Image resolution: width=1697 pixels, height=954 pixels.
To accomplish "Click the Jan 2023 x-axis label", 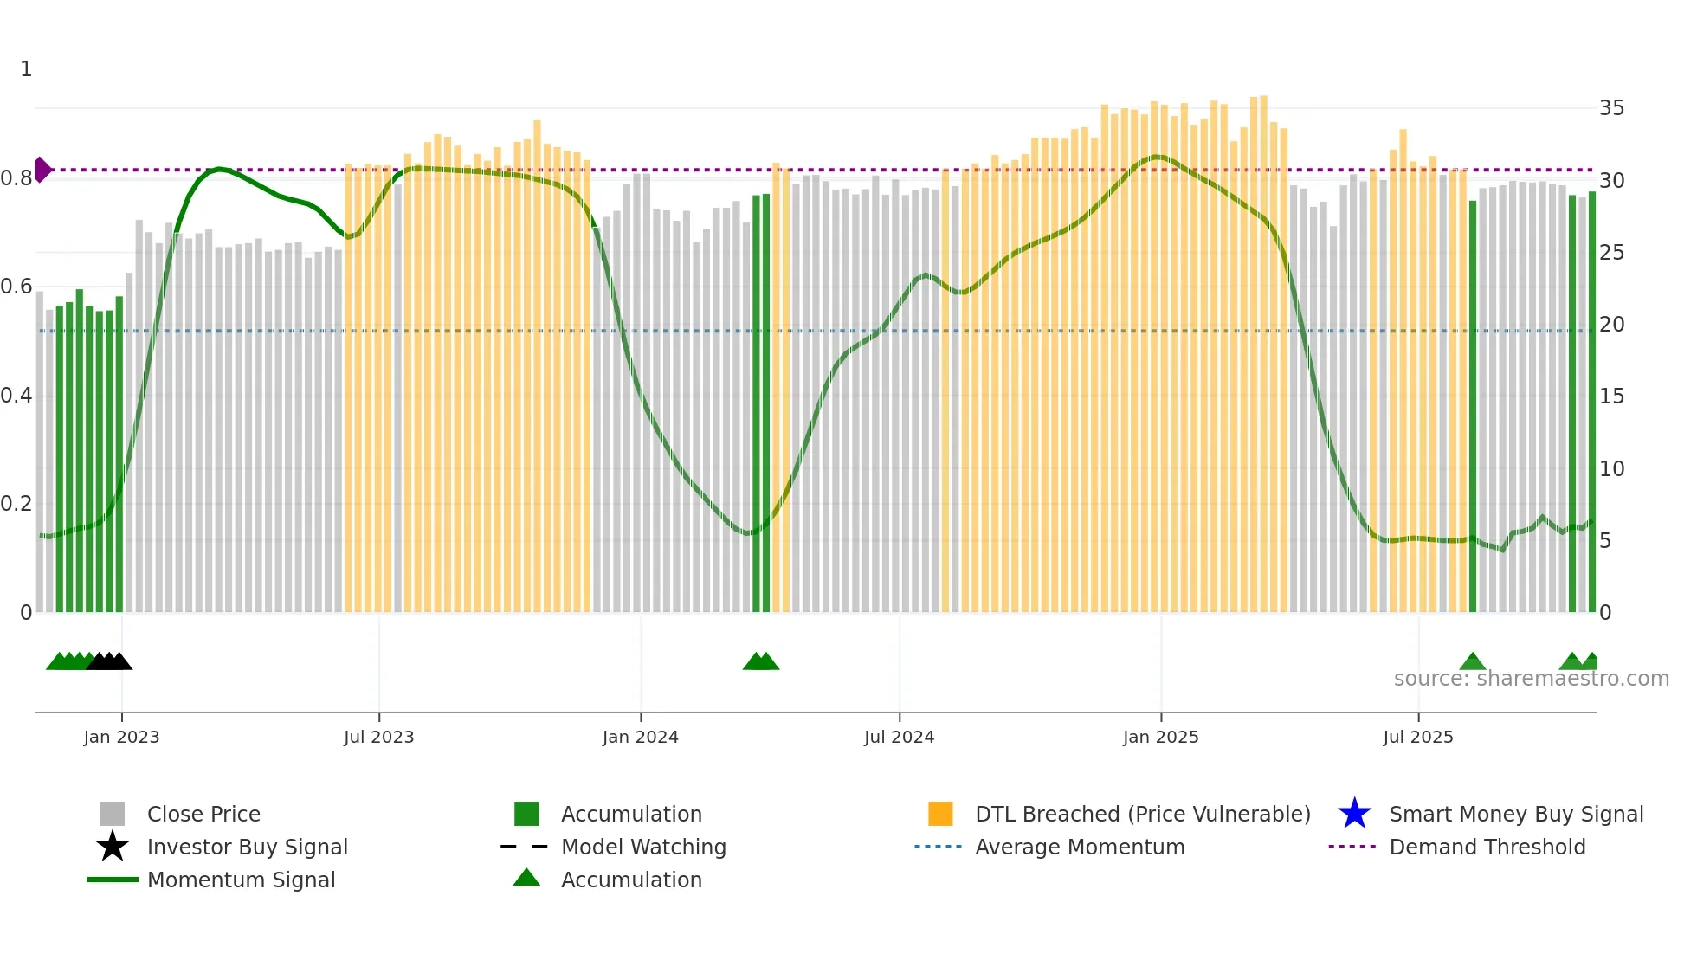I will coord(121,737).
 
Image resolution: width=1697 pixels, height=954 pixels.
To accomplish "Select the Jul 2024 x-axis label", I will coord(899,737).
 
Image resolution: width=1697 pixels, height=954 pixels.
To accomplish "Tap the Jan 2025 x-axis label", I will coord(1160,737).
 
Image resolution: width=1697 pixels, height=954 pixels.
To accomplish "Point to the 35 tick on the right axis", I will coord(1611,108).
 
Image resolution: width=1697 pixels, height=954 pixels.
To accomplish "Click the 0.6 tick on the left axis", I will coord(16,287).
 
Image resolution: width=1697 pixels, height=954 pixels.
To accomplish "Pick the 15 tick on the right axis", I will coord(1611,396).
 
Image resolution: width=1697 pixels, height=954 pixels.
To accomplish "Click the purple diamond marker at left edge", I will coord(42,170).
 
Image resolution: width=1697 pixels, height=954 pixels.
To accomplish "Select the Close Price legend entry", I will coord(203,814).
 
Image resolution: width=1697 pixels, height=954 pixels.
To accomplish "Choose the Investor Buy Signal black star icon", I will coord(113,847).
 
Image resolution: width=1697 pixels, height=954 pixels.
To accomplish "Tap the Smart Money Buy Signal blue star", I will coord(1354,814).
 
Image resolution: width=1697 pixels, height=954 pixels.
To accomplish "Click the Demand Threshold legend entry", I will coord(1487,847).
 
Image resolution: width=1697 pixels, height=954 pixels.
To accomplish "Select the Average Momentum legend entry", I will coord(1079,847).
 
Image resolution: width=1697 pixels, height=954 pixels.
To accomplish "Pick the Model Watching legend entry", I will coord(642,847).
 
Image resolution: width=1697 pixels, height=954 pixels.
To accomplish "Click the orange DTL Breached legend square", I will coord(940,814).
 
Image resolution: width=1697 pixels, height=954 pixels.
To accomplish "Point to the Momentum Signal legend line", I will coord(113,880).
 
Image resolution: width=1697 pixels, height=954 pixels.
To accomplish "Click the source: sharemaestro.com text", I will coord(1531,679).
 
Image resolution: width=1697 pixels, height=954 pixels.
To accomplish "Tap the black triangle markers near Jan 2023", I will coord(109,662).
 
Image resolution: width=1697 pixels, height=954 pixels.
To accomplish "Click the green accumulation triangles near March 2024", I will coord(761,662).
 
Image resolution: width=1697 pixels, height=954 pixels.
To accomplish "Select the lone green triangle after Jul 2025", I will coord(1472,662).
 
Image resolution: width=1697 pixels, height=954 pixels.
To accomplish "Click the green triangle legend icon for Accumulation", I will coord(526,878).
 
